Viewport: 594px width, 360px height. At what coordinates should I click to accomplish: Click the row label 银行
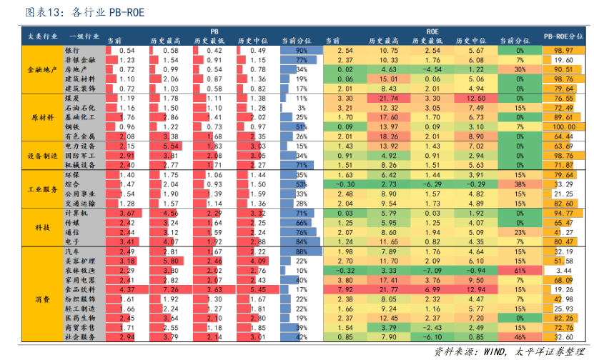(71, 51)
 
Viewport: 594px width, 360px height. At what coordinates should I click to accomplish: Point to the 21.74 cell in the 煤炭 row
(389, 98)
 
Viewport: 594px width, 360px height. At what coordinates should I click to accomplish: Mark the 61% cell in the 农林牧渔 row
(520, 271)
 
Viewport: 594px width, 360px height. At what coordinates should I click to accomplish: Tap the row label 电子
(71, 241)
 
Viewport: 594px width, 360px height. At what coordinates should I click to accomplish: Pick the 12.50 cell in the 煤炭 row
(476, 98)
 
